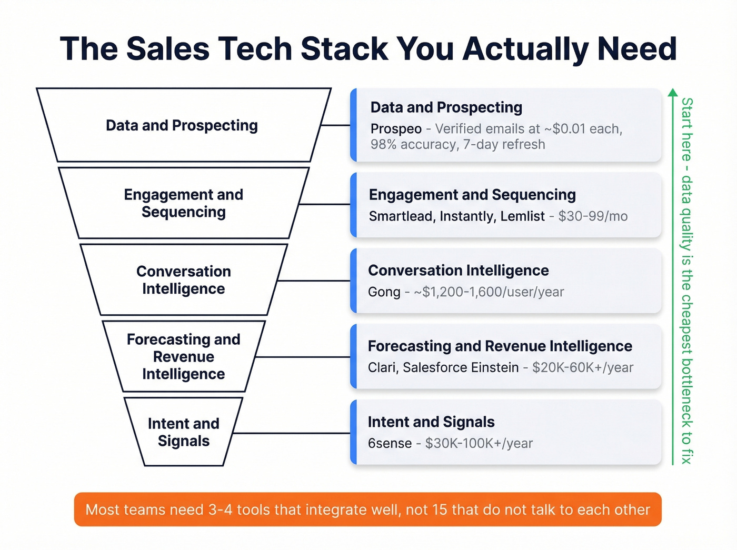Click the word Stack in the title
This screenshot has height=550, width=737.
tap(344, 49)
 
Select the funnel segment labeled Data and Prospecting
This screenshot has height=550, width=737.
tap(182, 125)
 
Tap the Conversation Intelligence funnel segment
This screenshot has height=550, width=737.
tap(183, 279)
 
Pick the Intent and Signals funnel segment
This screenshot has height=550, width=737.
tap(183, 432)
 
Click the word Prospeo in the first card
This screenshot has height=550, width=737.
tap(396, 129)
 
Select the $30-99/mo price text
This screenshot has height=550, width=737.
tap(593, 216)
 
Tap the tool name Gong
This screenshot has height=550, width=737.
tap(384, 292)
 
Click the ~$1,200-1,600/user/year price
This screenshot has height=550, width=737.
tap(489, 292)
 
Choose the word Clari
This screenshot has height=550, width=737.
tap(382, 367)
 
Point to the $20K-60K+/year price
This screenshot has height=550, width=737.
tap(582, 367)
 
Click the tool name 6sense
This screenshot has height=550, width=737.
tap(390, 444)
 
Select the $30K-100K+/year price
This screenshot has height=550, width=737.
tap(479, 444)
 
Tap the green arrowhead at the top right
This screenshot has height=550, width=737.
tap(672, 93)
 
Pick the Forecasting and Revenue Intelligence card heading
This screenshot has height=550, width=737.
tap(500, 346)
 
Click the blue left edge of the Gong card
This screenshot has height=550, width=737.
tap(354, 281)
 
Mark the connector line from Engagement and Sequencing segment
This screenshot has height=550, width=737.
tap(325, 204)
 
